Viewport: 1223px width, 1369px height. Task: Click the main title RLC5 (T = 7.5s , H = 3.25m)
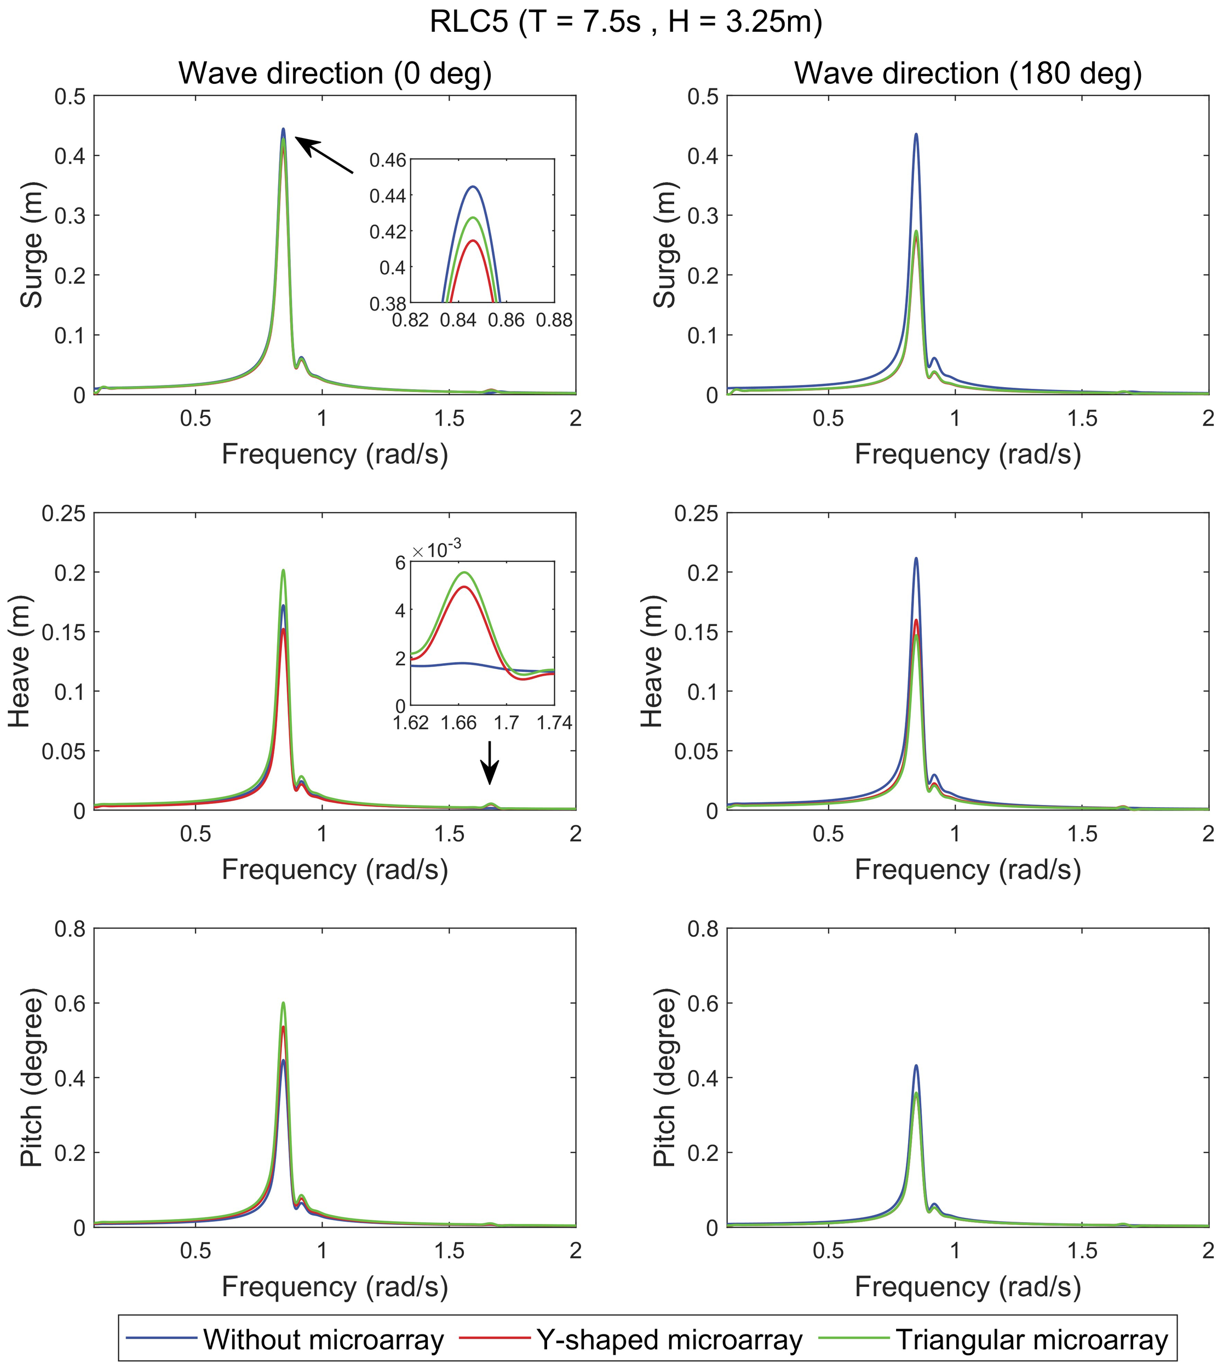[x=625, y=23]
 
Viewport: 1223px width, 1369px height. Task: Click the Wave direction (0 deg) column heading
[x=335, y=73]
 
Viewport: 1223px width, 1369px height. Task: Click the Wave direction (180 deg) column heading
[x=968, y=73]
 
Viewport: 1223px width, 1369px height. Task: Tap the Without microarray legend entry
[x=323, y=1339]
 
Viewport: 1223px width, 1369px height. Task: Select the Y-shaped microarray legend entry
[x=669, y=1339]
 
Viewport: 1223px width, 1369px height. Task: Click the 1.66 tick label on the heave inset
[x=459, y=723]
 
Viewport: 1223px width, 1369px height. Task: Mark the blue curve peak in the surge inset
[x=473, y=187]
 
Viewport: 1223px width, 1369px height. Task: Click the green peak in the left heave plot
[x=284, y=570]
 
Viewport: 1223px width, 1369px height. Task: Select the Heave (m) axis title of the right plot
[x=652, y=662]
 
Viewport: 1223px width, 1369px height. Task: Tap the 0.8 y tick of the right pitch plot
[x=702, y=930]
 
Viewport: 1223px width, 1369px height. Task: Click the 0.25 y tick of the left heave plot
[x=64, y=514]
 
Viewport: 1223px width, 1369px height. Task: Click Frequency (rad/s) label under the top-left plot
[x=335, y=455]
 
